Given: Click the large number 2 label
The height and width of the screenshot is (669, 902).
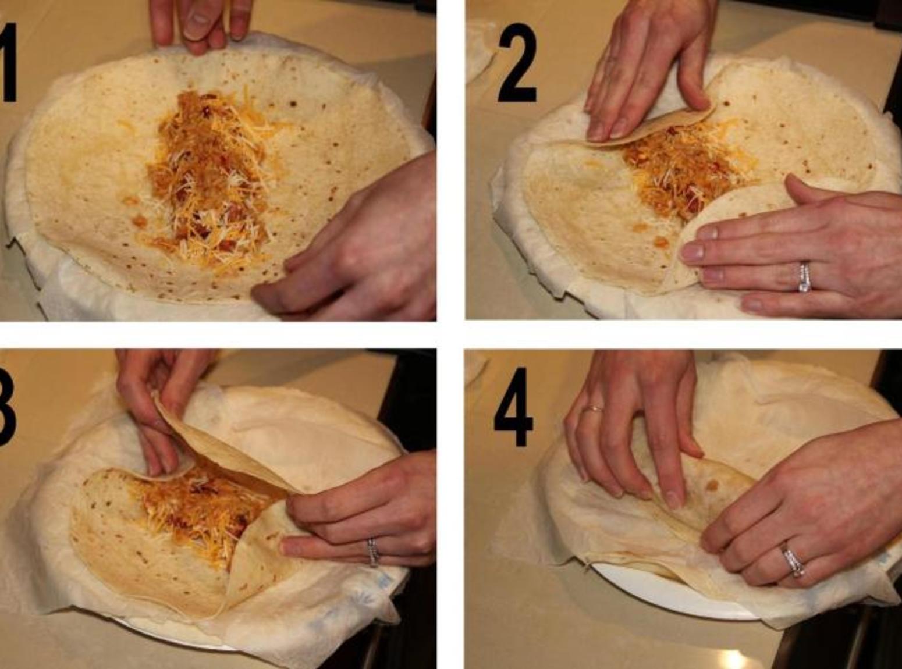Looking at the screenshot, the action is [517, 62].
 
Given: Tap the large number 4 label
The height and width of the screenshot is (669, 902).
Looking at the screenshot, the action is [513, 407].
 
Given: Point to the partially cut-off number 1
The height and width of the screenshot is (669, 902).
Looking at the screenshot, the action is [8, 62].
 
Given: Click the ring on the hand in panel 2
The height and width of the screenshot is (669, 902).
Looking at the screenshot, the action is [804, 277].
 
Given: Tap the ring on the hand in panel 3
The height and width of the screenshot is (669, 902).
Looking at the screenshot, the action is [373, 552].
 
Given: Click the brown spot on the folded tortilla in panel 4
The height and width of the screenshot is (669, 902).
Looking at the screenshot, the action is [711, 485].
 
